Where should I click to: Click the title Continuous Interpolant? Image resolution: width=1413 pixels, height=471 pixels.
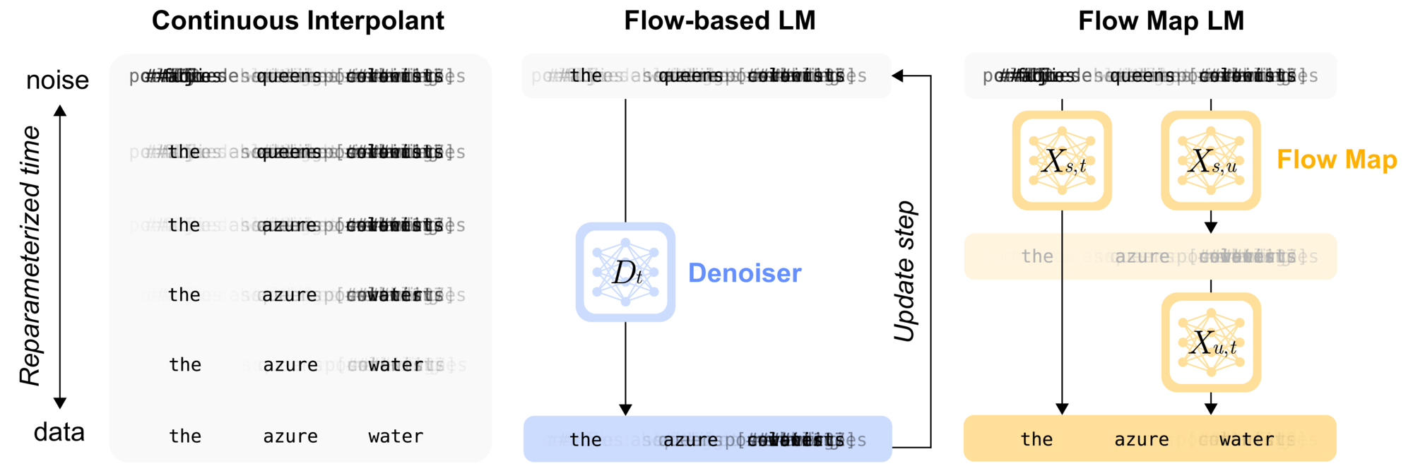(297, 20)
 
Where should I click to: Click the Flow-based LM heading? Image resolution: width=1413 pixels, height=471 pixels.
(719, 20)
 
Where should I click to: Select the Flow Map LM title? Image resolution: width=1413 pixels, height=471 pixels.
(1161, 20)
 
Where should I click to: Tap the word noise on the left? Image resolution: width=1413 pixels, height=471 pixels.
(57, 81)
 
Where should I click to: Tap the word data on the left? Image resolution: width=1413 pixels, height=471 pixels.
(59, 432)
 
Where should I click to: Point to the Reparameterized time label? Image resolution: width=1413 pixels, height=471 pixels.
(30, 256)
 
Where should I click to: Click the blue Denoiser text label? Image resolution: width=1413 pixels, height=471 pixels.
(745, 273)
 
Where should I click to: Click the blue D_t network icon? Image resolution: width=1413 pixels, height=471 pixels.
(625, 273)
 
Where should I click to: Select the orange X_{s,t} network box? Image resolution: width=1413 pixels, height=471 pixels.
(1062, 160)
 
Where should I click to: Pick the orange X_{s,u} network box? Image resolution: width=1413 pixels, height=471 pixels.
(1211, 160)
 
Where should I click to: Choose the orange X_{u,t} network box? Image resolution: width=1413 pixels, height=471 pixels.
(1211, 342)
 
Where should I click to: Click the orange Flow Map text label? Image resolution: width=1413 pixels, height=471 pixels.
(1337, 160)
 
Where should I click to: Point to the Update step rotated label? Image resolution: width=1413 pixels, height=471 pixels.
(905, 271)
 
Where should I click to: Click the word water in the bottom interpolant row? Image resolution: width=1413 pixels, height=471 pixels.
(396, 436)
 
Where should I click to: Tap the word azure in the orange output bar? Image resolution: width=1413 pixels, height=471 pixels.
(1141, 439)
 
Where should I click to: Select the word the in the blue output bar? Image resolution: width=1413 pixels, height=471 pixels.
(586, 439)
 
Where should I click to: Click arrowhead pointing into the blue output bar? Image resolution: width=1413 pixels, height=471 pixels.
(625, 410)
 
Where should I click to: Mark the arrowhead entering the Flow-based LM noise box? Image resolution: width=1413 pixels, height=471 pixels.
(898, 76)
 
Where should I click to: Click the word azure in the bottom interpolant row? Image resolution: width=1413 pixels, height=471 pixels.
(290, 436)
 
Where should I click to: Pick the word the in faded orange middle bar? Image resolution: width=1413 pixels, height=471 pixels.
(1037, 256)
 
